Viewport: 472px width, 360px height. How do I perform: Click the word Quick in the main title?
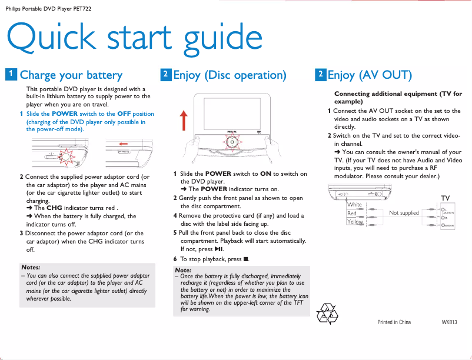(54, 38)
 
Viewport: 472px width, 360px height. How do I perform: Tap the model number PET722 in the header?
(81, 8)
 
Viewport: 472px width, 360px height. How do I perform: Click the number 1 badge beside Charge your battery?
(11, 74)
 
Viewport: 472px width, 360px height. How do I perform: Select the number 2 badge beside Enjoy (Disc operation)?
(166, 74)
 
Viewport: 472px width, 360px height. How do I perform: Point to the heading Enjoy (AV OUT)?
(370, 75)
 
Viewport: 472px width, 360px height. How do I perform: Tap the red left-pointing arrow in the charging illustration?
(123, 143)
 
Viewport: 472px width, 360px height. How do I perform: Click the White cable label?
(354, 205)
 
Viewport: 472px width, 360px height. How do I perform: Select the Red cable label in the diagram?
(352, 214)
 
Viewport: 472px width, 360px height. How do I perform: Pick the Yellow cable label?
(355, 222)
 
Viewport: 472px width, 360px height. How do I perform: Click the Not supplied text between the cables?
(404, 213)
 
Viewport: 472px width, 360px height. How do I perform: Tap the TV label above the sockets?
(446, 198)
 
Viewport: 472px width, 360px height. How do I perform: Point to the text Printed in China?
(394, 322)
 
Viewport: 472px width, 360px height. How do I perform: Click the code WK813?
(449, 322)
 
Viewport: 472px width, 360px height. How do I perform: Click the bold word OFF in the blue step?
(124, 114)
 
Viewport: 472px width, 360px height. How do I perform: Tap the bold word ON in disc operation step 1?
(265, 174)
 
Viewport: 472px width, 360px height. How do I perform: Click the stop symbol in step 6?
(246, 259)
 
